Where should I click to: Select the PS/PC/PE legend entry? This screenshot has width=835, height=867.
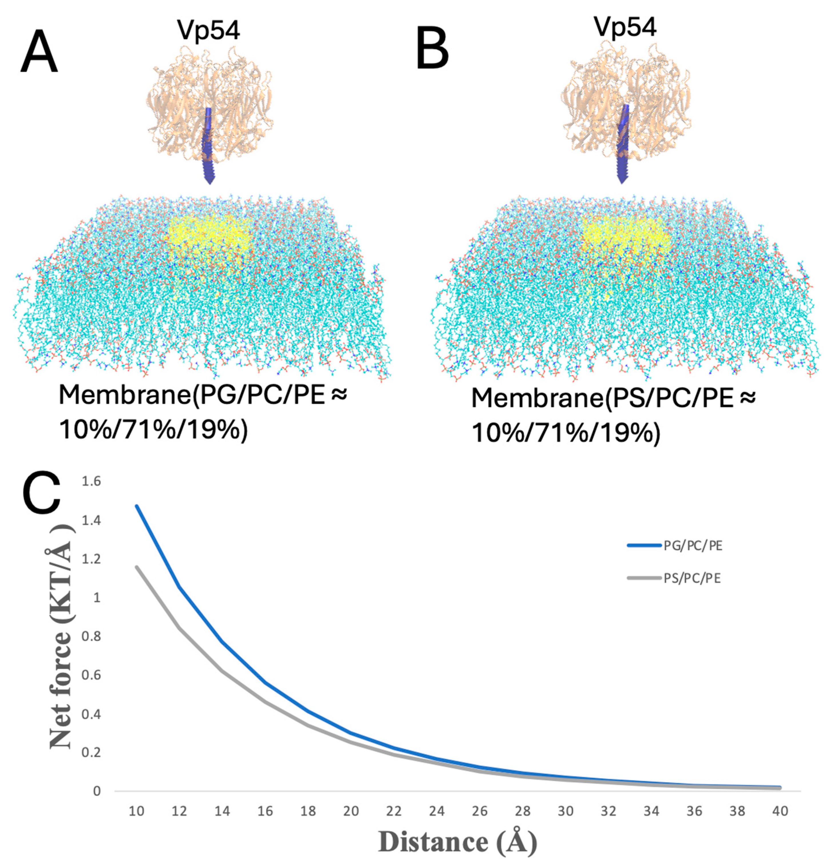point(692,578)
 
